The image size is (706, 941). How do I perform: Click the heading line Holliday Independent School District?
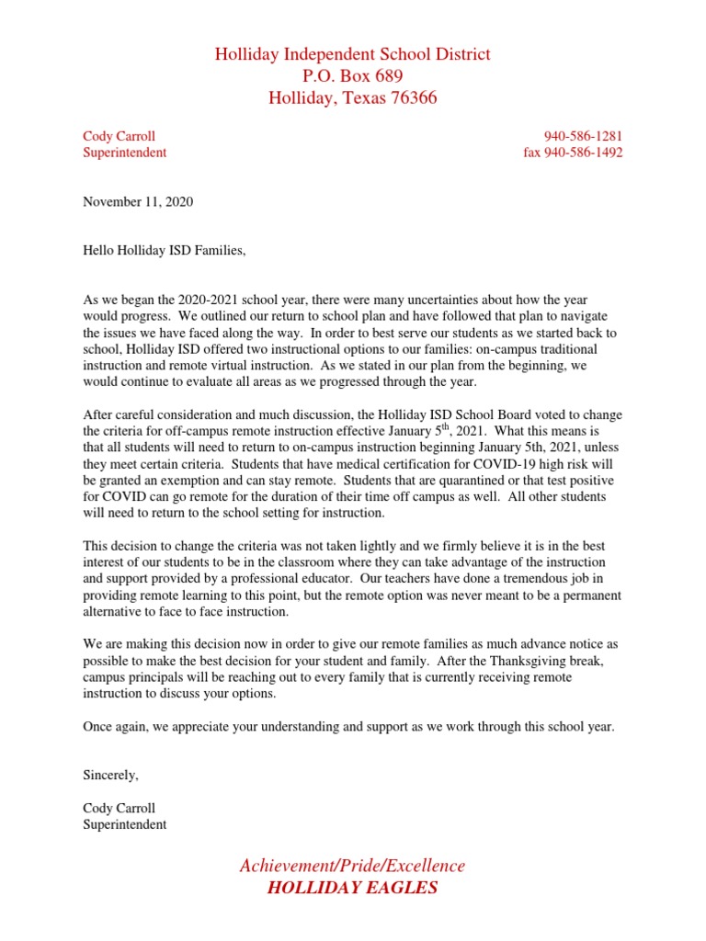(x=353, y=54)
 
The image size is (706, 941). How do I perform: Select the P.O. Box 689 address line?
(x=353, y=75)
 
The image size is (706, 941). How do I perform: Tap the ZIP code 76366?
(x=411, y=97)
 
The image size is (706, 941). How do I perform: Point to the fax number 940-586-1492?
(x=584, y=153)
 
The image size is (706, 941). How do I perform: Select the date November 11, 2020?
(x=138, y=201)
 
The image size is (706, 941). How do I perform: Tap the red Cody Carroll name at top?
(x=119, y=137)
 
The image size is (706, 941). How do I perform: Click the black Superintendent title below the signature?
(x=124, y=824)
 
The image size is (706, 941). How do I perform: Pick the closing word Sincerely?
(x=110, y=776)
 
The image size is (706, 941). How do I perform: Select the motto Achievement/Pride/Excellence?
(x=353, y=866)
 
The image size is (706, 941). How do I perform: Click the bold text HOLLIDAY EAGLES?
(x=353, y=888)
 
